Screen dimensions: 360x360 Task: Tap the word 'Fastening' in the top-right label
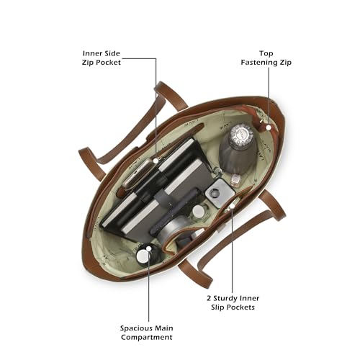[x=256, y=63]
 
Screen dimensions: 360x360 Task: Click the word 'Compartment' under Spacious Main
[x=147, y=337]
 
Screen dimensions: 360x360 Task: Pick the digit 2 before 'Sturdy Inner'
[x=209, y=298]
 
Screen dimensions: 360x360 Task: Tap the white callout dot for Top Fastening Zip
[x=269, y=127]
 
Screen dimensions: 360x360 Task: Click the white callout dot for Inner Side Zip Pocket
[x=156, y=161]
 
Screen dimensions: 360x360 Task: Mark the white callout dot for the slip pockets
[x=232, y=206]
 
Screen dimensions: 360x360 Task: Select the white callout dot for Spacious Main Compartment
[x=149, y=248]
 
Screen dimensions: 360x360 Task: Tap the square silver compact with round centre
[x=220, y=192]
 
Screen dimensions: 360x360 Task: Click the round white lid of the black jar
[x=143, y=256]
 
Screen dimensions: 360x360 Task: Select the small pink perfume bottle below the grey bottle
[x=235, y=179]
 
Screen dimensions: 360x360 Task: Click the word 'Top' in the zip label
[x=266, y=53]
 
